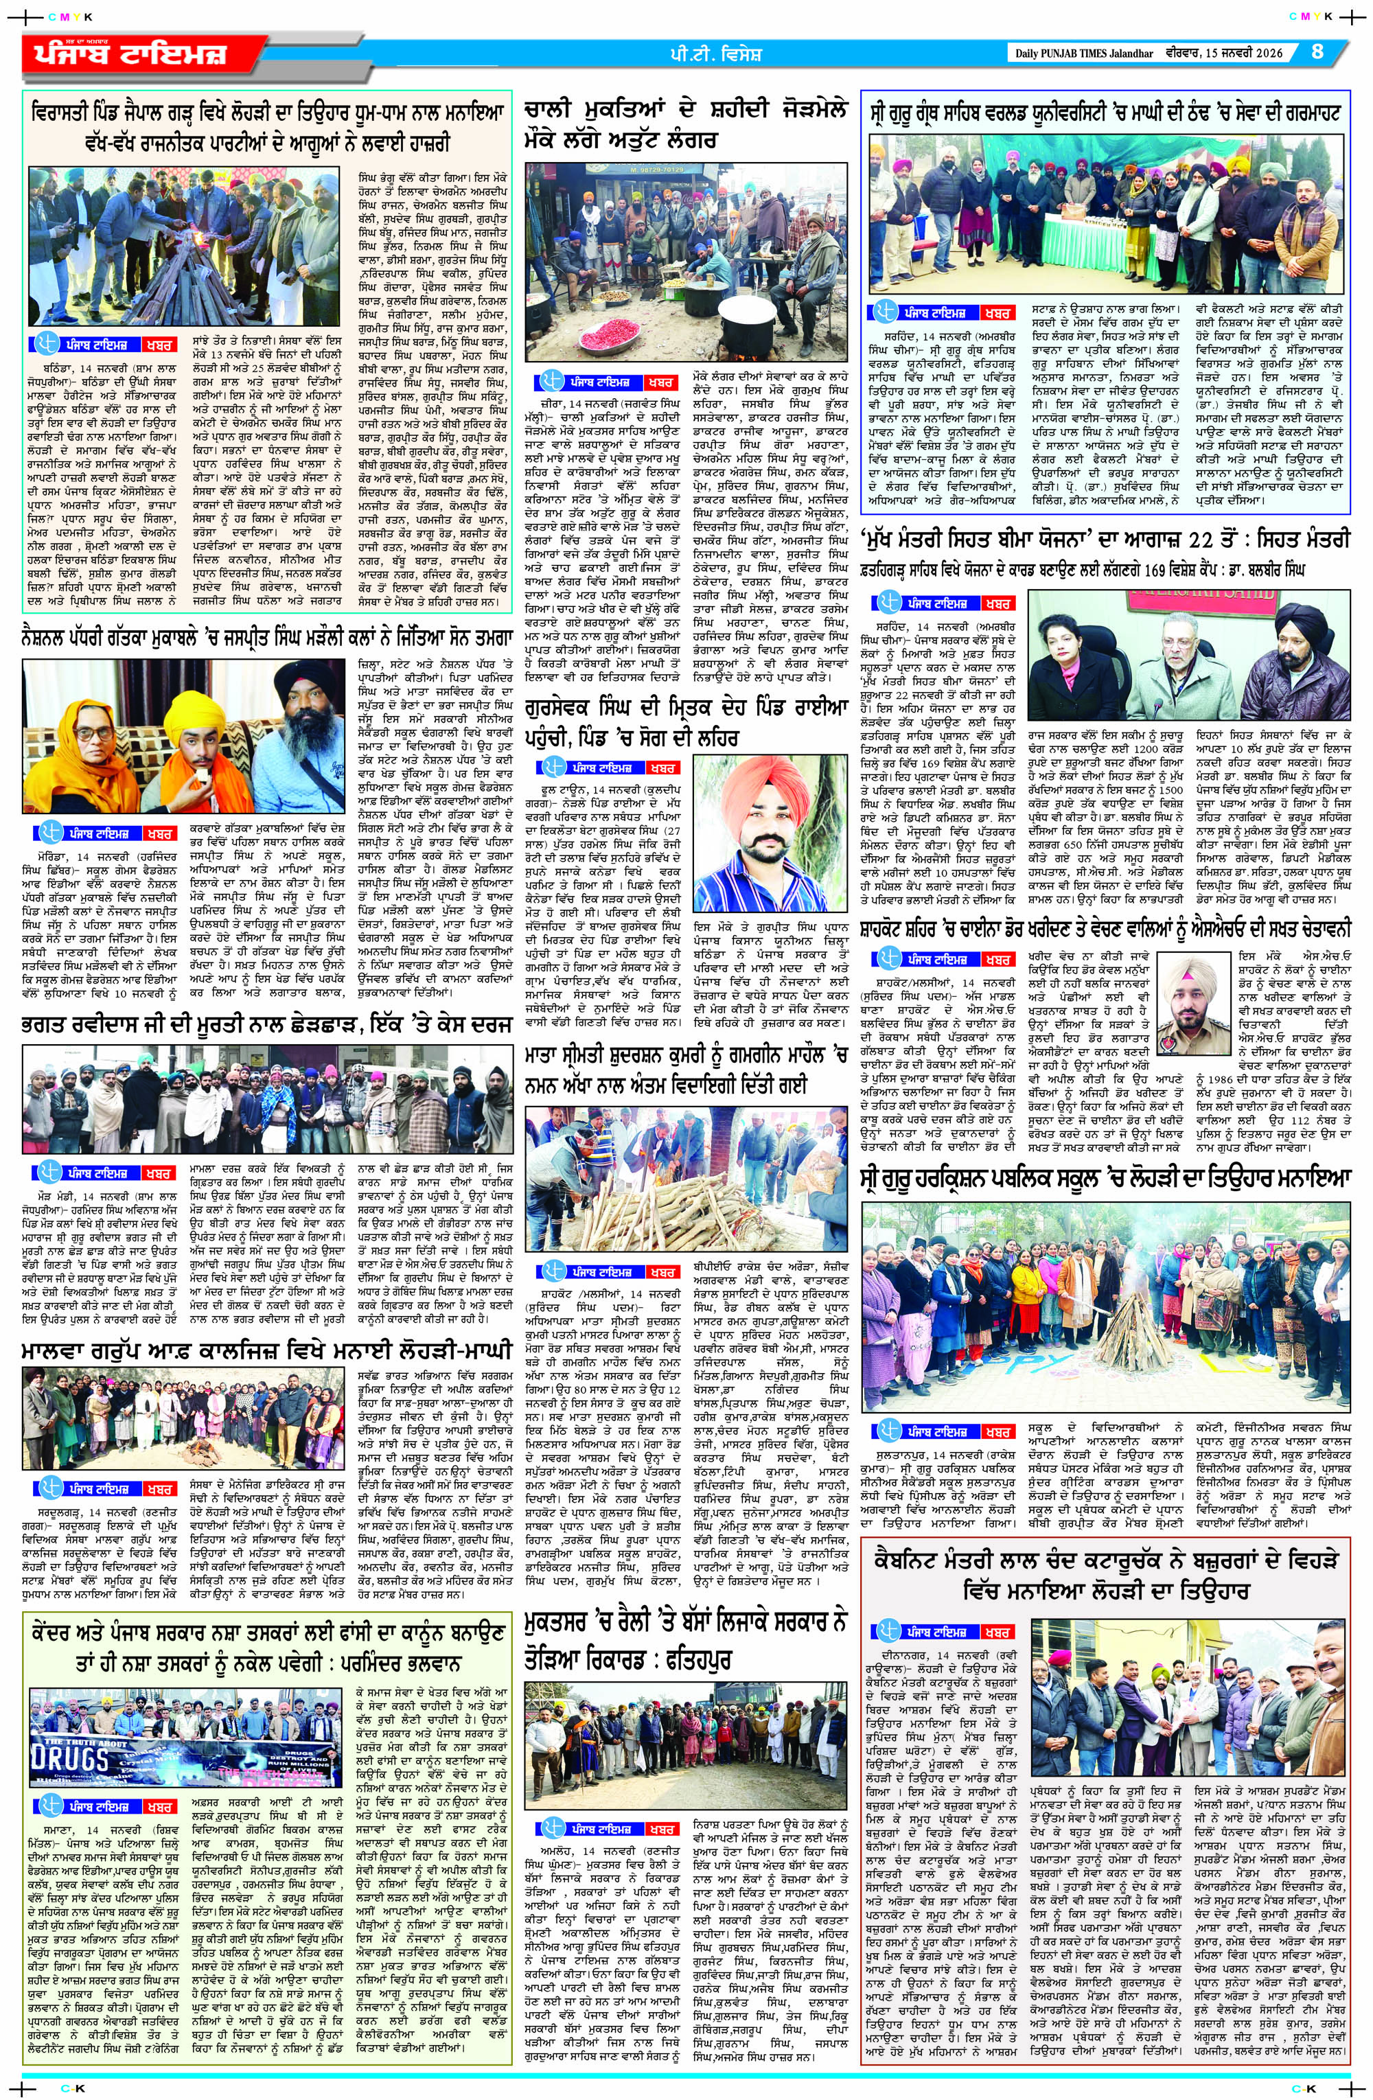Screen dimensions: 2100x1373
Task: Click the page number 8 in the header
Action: tap(1317, 52)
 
